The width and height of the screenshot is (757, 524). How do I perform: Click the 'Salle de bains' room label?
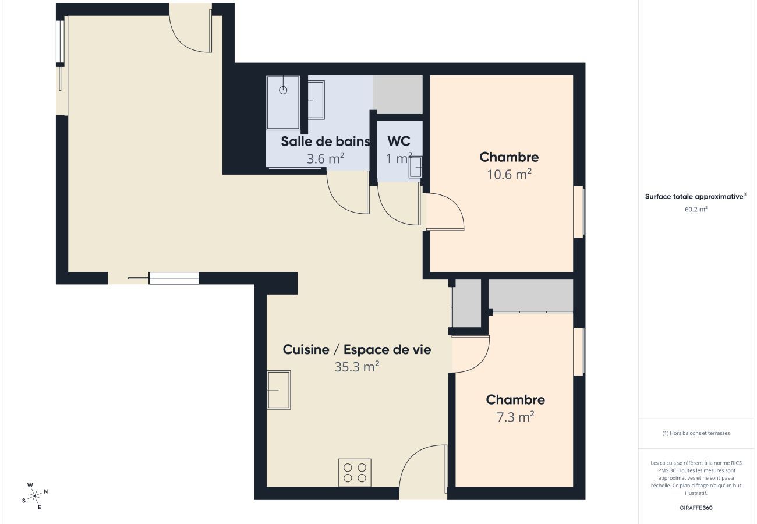pyautogui.click(x=325, y=141)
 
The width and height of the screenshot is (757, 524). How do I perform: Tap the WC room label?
pyautogui.click(x=399, y=141)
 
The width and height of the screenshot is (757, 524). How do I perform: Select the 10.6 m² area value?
pyautogui.click(x=509, y=174)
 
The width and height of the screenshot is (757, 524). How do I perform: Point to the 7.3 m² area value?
pyautogui.click(x=515, y=417)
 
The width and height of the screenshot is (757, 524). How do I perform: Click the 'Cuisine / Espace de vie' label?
pyautogui.click(x=357, y=350)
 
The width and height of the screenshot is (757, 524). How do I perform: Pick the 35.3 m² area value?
pyautogui.click(x=357, y=367)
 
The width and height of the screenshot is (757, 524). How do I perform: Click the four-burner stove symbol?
pyautogui.click(x=355, y=473)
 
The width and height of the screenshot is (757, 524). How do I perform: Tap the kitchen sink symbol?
pyautogui.click(x=278, y=390)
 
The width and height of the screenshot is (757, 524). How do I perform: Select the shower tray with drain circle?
pyautogui.click(x=283, y=102)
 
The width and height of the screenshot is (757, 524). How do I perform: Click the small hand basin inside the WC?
pyautogui.click(x=416, y=167)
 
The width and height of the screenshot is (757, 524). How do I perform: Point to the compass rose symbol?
pyautogui.click(x=35, y=495)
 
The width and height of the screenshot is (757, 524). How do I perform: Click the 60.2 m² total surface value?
pyautogui.click(x=696, y=209)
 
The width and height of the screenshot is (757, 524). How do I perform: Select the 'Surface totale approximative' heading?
pyautogui.click(x=696, y=197)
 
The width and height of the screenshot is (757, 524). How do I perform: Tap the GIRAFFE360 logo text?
pyautogui.click(x=696, y=508)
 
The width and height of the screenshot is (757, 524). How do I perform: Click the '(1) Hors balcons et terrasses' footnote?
pyautogui.click(x=696, y=433)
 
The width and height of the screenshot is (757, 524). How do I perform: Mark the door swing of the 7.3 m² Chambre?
pyautogui.click(x=472, y=354)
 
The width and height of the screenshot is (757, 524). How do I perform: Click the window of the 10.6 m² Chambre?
pyautogui.click(x=579, y=211)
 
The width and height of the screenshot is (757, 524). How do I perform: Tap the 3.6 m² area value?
pyautogui.click(x=325, y=158)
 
